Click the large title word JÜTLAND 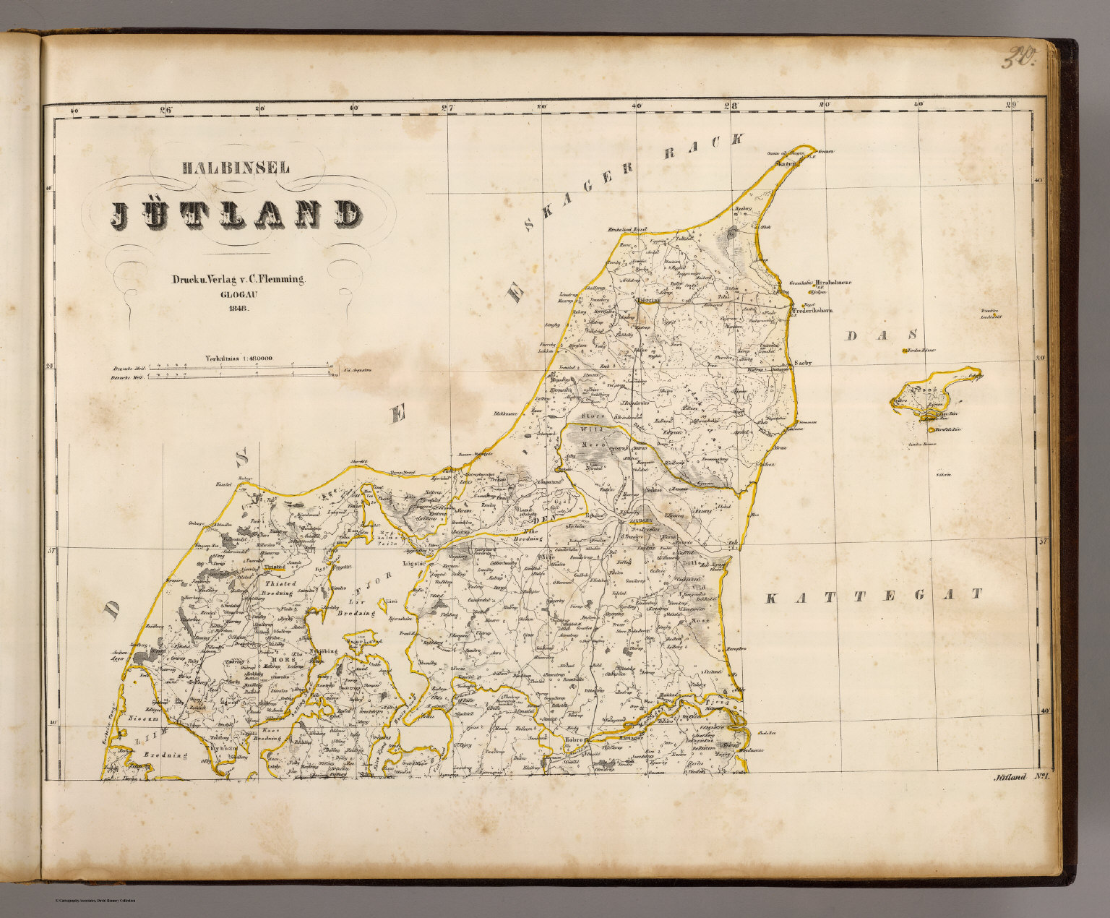coord(236,214)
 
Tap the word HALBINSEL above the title coord(236,168)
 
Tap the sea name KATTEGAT coord(874,596)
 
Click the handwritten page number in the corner coord(1019,56)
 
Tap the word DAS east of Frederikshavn coord(883,335)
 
